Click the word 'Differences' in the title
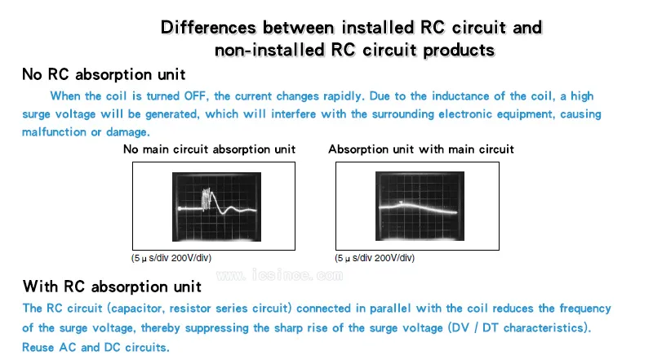208,28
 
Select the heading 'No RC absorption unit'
104,74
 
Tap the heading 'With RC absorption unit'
112,287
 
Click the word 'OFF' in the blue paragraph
195,96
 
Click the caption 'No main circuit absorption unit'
209,149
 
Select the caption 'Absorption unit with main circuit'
421,149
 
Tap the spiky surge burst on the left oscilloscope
208,199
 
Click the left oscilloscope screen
216,207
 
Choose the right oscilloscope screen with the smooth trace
420,206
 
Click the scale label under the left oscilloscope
171,258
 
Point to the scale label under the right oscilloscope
375,258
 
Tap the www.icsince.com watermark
279,275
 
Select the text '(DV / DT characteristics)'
519,327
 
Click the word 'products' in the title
459,51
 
